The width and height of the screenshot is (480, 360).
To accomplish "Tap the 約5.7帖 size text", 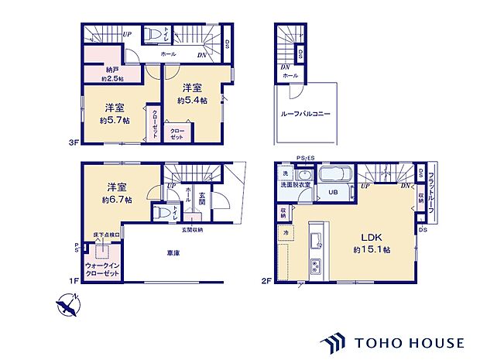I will [115, 122].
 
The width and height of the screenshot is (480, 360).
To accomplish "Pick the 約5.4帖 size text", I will [194, 100].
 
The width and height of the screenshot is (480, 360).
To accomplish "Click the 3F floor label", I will [72, 142].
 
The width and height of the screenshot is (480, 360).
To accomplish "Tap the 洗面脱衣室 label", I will [297, 184].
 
